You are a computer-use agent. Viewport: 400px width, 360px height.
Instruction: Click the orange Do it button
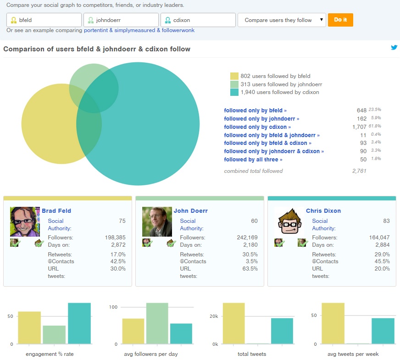(x=340, y=20)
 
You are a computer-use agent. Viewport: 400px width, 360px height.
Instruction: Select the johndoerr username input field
(x=121, y=20)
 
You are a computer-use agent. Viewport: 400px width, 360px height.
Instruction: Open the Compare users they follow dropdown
(x=282, y=20)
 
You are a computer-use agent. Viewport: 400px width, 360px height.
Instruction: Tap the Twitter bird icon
(x=394, y=48)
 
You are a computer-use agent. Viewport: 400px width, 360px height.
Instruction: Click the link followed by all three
(x=253, y=160)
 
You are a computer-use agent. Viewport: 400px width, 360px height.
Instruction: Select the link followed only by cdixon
(x=257, y=127)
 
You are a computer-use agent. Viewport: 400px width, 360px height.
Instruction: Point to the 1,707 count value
(x=359, y=127)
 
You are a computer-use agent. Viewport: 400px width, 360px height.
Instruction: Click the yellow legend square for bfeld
(x=234, y=76)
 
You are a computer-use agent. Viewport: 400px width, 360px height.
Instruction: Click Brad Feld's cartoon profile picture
(x=25, y=222)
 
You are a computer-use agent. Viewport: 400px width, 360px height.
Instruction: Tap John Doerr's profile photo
(x=157, y=222)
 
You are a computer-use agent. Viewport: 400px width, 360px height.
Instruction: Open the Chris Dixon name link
(x=323, y=211)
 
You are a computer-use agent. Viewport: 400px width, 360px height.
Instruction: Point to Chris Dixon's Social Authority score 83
(x=386, y=221)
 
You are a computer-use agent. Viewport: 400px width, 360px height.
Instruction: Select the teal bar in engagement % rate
(x=79, y=323)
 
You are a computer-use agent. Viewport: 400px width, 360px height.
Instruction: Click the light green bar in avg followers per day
(x=157, y=323)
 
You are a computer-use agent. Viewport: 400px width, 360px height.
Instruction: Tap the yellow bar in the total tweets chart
(x=233, y=323)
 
